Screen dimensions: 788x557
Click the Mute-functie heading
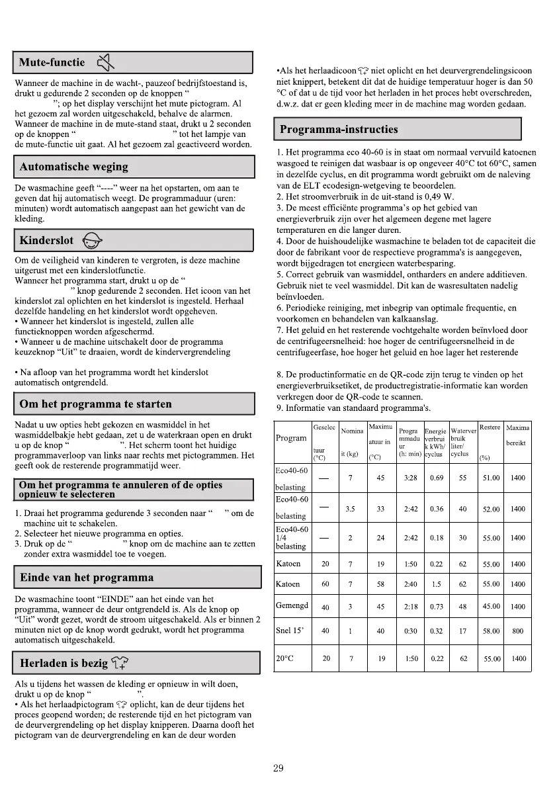pyautogui.click(x=52, y=63)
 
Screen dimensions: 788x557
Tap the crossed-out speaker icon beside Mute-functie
pyautogui.click(x=106, y=64)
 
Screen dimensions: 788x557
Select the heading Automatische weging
pyautogui.click(x=74, y=167)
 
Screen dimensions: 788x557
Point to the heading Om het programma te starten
pyautogui.click(x=96, y=404)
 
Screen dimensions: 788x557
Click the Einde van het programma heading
pyautogui.click(x=87, y=577)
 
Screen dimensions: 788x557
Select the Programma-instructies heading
pyautogui.click(x=339, y=129)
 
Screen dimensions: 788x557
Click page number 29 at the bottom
pyautogui.click(x=278, y=768)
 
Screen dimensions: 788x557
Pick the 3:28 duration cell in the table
pyautogui.click(x=410, y=478)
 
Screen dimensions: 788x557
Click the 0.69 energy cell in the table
pyautogui.click(x=437, y=478)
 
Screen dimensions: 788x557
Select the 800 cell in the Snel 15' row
pyautogui.click(x=518, y=631)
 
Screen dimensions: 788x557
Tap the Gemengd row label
pyautogui.click(x=292, y=606)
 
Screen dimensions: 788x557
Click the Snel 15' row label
pyautogui.click(x=288, y=631)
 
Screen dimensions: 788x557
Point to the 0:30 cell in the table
pyautogui.click(x=410, y=631)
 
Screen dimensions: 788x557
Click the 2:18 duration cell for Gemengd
pyautogui.click(x=410, y=606)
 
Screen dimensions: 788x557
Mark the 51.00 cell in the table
pyautogui.click(x=491, y=478)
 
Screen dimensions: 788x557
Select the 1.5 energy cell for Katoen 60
pyautogui.click(x=437, y=584)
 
